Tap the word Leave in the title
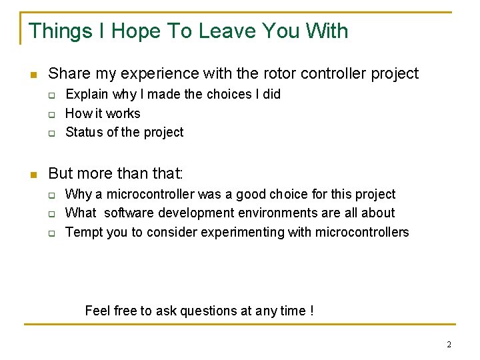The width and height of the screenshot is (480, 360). pos(225,31)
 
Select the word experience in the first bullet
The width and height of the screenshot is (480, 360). pos(154,73)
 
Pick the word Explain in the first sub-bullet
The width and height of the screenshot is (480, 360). pos(87,94)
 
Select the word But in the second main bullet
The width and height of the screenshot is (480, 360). pos(61,173)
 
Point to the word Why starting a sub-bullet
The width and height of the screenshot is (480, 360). pos(79,194)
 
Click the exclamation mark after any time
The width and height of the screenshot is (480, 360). pos(312,311)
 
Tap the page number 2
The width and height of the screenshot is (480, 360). pos(449,345)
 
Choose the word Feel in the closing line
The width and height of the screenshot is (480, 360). pos(97,311)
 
